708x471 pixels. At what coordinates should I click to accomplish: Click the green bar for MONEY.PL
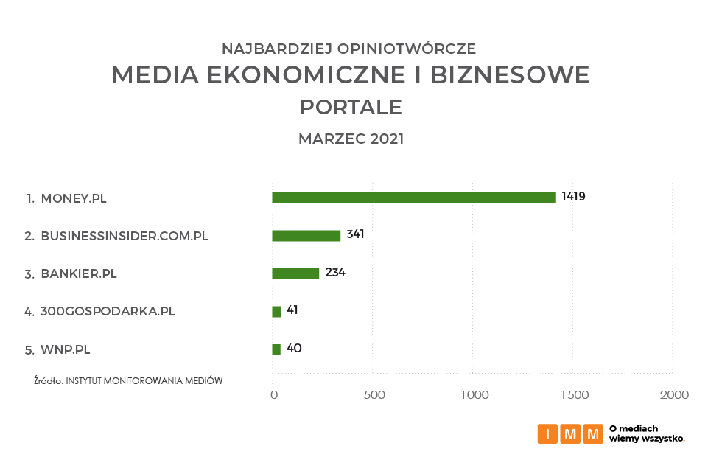[414, 198]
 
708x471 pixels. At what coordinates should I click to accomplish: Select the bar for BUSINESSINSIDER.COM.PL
[306, 236]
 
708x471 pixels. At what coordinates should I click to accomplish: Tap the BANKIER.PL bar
[295, 273]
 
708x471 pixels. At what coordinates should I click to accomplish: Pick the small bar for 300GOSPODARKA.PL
[276, 312]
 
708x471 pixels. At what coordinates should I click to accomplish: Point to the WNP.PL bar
[276, 349]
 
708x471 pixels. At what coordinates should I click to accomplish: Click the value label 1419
[573, 197]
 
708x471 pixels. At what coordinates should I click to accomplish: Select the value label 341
[355, 234]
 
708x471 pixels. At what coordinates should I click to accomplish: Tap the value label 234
[335, 273]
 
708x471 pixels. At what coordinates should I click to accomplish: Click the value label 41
[292, 310]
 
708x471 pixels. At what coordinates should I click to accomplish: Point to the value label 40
[293, 349]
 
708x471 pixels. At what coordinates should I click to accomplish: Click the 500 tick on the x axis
[374, 395]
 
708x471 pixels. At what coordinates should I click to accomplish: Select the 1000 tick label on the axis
[474, 395]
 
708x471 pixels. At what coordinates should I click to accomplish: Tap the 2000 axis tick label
[674, 395]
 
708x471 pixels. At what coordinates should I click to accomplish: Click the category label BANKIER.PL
[79, 274]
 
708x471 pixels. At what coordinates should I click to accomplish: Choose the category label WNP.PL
[66, 350]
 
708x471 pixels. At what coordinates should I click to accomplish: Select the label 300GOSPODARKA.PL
[108, 312]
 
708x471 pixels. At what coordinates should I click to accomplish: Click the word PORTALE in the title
[351, 108]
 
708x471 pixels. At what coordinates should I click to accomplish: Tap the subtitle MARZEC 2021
[351, 139]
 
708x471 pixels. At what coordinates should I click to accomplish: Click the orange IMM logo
[570, 433]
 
